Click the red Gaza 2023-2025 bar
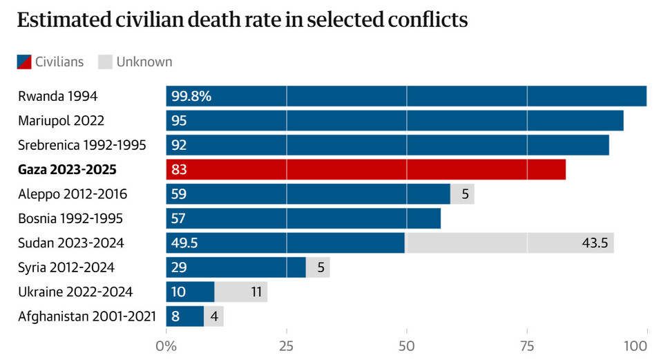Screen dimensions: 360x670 (x=366, y=169)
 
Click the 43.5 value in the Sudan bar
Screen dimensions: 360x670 (x=595, y=243)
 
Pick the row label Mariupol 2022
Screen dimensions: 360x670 (x=61, y=121)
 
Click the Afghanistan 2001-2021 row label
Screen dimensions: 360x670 (x=87, y=316)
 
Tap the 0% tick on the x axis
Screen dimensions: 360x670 (x=166, y=345)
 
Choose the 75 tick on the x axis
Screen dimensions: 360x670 (x=527, y=345)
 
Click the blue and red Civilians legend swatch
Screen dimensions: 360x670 (x=23, y=61)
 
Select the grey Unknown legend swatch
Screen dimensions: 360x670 (x=105, y=61)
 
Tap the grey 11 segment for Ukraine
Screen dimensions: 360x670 (x=241, y=292)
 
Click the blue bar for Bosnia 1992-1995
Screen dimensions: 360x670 (x=303, y=218)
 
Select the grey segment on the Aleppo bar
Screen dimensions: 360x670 (x=463, y=194)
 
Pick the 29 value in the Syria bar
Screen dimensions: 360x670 (x=179, y=267)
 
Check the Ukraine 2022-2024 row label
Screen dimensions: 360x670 (x=75, y=292)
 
